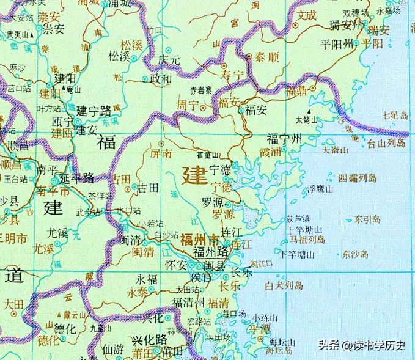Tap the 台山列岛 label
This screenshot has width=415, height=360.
[x=385, y=143]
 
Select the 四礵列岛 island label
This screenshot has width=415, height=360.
[x=359, y=178]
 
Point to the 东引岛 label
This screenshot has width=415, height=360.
[x=367, y=218]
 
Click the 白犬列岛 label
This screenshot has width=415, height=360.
[x=285, y=285]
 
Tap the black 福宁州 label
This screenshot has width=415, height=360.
[x=284, y=139]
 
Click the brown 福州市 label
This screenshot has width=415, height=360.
[x=198, y=240]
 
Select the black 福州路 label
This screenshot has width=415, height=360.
[x=211, y=251]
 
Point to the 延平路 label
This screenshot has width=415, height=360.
[x=78, y=178]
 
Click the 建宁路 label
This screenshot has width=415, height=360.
[x=94, y=111]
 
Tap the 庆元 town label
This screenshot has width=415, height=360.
[x=171, y=61]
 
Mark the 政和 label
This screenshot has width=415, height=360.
[x=161, y=78]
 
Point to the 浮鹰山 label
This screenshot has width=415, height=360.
[x=320, y=189]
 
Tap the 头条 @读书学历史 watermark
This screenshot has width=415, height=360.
[x=362, y=345]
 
